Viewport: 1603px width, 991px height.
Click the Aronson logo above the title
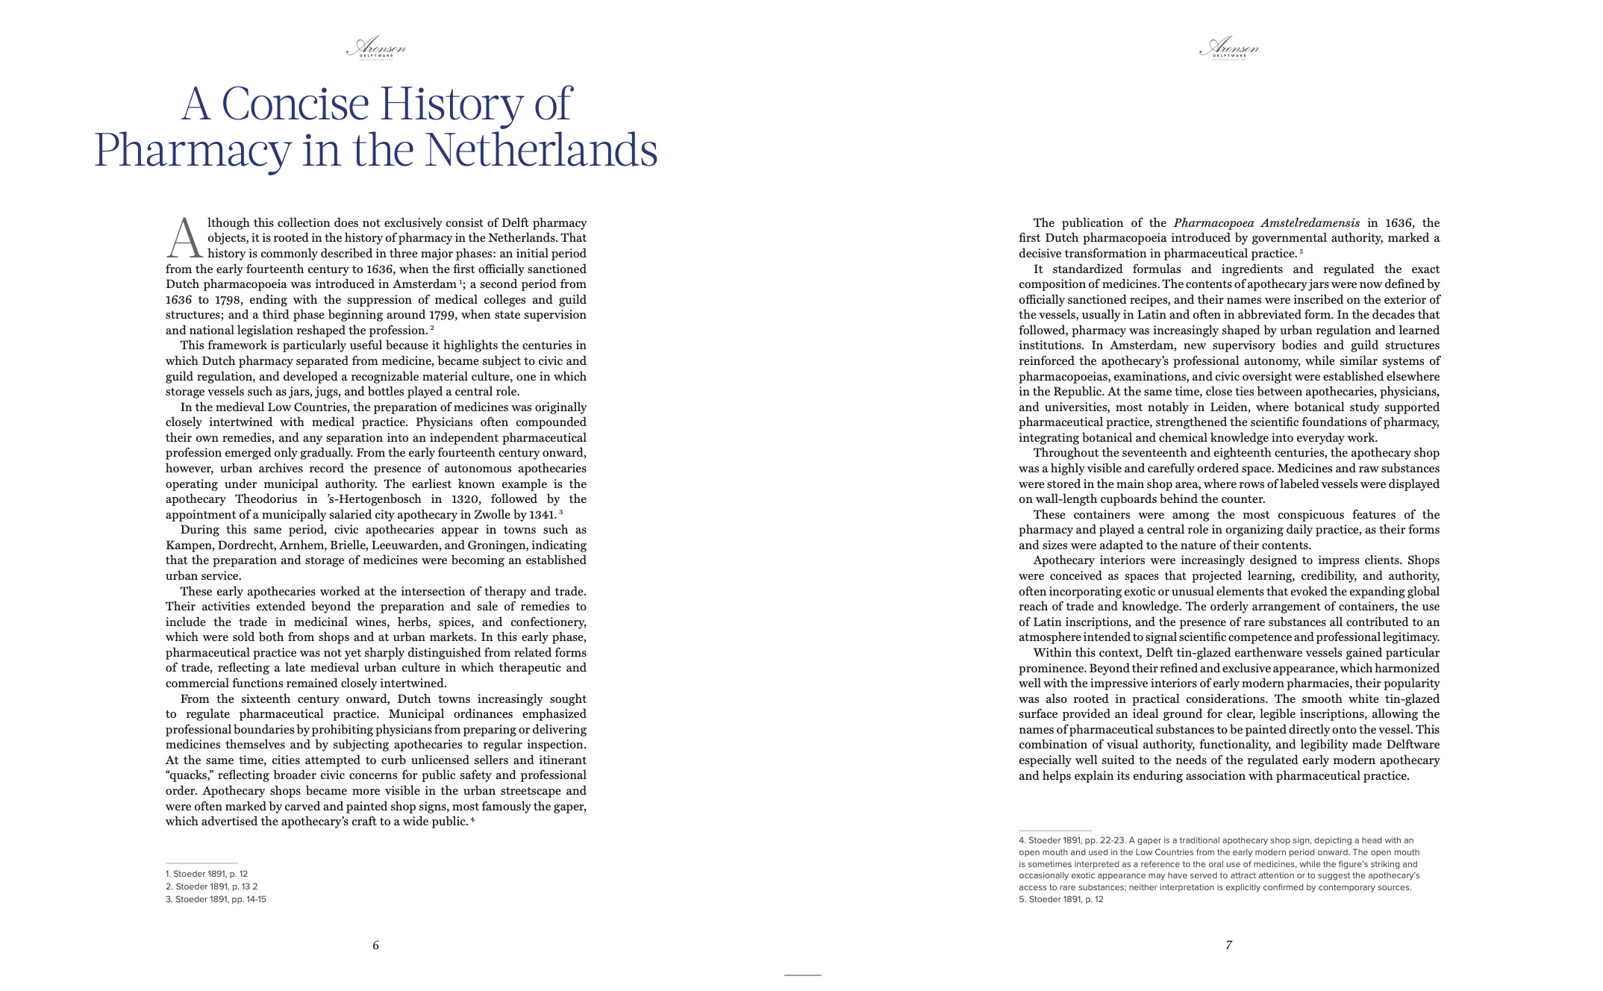click(375, 49)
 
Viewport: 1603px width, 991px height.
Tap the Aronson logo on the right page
click(1228, 49)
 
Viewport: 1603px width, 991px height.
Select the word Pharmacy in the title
click(192, 150)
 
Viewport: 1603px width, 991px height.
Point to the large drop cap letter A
click(184, 238)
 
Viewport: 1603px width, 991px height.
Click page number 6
click(375, 945)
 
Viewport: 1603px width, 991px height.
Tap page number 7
click(1228, 945)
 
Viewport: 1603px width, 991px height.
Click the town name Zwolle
click(492, 515)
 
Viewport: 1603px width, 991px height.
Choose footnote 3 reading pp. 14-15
click(216, 899)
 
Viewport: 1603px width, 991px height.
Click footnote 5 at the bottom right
click(1060, 899)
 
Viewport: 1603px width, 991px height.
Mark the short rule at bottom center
click(802, 975)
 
